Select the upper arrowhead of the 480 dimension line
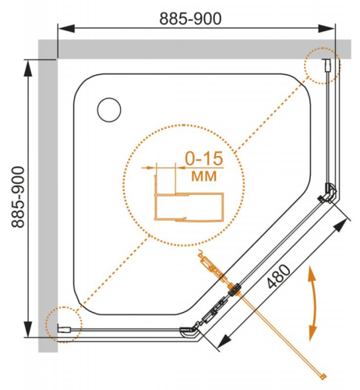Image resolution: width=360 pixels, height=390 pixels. click(x=342, y=225)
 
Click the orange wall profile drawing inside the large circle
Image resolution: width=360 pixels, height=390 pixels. click(x=187, y=206)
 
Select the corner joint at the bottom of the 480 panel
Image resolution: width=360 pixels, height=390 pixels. click(x=189, y=331)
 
